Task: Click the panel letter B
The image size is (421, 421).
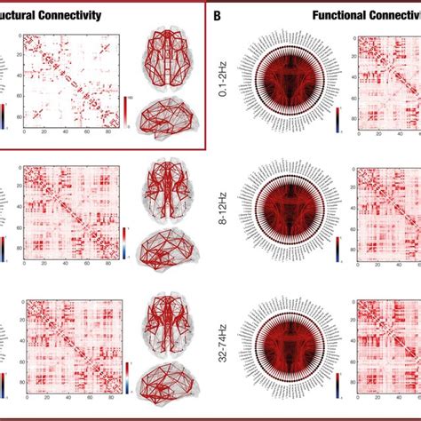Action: click(x=218, y=15)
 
